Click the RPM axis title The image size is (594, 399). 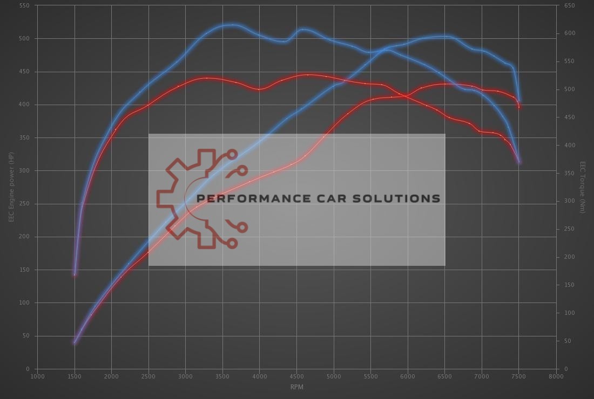click(296, 386)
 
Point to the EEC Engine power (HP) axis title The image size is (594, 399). click(11, 187)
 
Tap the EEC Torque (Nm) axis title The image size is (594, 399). click(582, 187)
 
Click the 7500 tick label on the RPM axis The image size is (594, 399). click(519, 376)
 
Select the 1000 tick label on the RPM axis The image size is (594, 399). click(37, 376)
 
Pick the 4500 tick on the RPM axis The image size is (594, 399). click(296, 376)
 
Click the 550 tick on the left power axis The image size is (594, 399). click(25, 5)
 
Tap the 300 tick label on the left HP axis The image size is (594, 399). click(25, 171)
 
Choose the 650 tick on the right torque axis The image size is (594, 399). click(569, 5)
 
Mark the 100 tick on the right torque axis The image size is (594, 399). click(569, 313)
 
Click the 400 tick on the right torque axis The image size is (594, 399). click(569, 146)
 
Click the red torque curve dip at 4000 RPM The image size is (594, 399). click(260, 89)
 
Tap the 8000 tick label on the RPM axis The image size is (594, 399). click(556, 376)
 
